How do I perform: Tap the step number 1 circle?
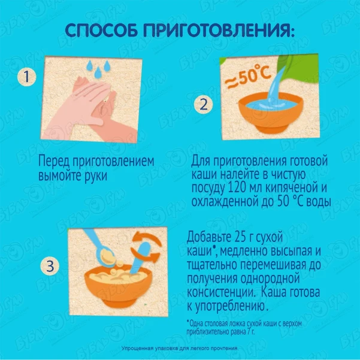(x=27, y=77)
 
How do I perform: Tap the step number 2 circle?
(x=204, y=104)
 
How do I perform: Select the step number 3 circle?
(x=50, y=266)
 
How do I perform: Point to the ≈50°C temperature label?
(x=247, y=77)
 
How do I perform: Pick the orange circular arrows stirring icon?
(x=146, y=246)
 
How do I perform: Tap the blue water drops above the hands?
(x=98, y=68)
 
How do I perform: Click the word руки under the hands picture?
(x=96, y=177)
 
